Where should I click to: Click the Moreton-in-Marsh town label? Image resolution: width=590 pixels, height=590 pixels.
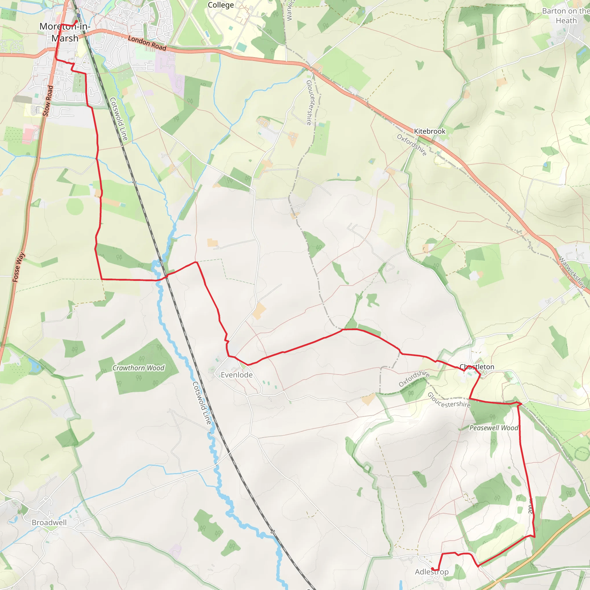click(65, 32)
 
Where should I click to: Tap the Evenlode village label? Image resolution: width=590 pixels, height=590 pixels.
click(237, 375)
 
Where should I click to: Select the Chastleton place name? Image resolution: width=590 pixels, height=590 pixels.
click(477, 367)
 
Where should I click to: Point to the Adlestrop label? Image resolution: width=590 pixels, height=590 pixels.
click(432, 572)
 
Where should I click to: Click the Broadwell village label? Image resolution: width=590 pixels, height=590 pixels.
click(49, 523)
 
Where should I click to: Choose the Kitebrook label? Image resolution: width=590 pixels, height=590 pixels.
click(429, 131)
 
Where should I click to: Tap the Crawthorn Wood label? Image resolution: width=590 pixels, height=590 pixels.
click(138, 368)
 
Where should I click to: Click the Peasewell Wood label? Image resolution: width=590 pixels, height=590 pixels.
click(494, 428)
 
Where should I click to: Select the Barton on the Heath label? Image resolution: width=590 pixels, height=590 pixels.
click(566, 16)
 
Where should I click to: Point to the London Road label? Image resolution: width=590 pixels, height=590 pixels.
click(147, 43)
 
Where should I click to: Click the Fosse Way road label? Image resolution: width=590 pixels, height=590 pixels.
click(19, 267)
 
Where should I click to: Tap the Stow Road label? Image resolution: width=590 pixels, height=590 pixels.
click(48, 101)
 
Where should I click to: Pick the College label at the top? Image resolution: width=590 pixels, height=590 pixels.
click(221, 5)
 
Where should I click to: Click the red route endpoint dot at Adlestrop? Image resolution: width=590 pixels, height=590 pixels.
click(432, 569)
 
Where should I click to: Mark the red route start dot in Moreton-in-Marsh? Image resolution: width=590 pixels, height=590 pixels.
click(76, 21)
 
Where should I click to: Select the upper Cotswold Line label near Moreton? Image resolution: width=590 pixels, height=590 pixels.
click(118, 119)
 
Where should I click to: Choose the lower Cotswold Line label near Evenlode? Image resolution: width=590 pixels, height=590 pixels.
click(202, 403)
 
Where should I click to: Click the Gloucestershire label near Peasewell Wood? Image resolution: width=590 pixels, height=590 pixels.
click(449, 400)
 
